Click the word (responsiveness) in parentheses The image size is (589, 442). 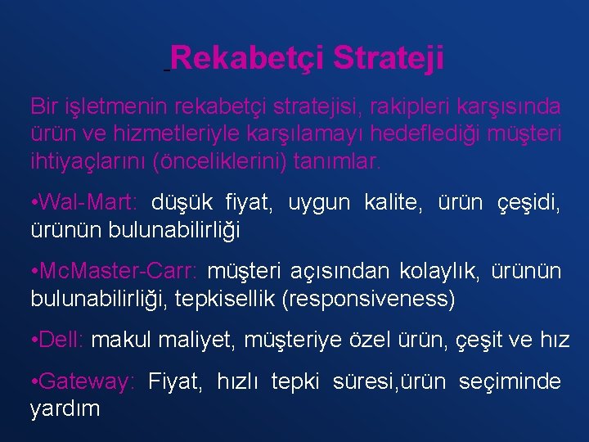tap(368, 300)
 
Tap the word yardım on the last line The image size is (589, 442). tap(65, 408)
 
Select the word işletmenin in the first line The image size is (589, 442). tap(110, 107)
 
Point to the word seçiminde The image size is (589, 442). tap(510, 381)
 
